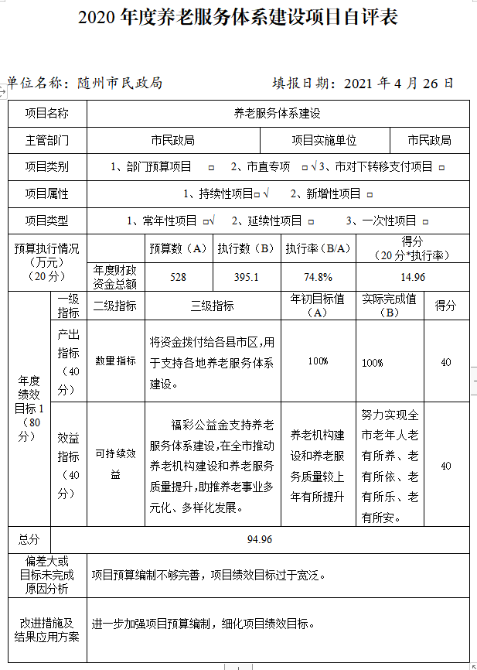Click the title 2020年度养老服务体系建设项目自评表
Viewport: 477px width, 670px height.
point(238,18)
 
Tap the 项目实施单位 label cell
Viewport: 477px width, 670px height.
point(324,140)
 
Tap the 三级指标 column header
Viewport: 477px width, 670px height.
point(212,306)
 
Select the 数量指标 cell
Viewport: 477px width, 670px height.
point(115,361)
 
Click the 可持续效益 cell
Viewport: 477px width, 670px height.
point(115,464)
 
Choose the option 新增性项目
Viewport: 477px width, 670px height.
point(325,193)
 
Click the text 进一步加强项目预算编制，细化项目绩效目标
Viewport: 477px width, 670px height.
point(204,623)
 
